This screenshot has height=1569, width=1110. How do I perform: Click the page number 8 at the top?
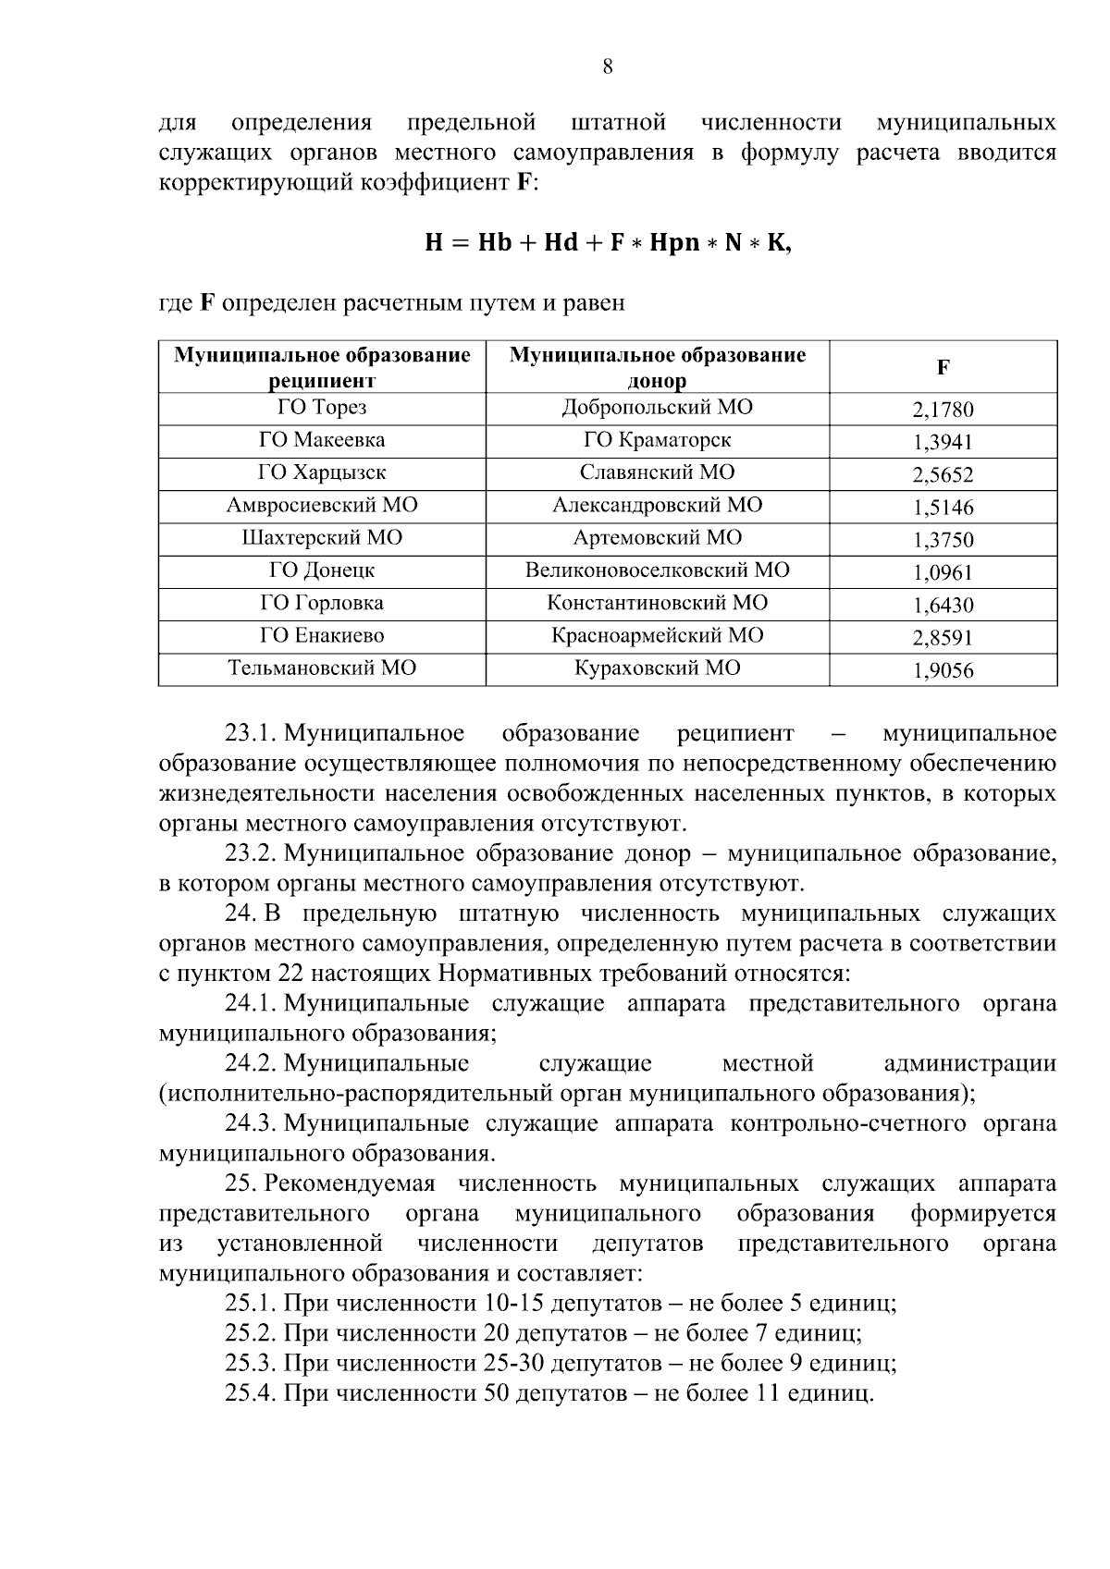[x=608, y=67]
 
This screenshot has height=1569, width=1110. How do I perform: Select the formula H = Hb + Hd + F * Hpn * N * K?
[x=608, y=243]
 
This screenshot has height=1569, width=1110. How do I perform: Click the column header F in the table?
[x=943, y=367]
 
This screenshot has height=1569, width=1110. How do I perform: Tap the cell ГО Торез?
[x=322, y=408]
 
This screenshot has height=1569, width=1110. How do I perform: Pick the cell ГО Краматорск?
[x=657, y=440]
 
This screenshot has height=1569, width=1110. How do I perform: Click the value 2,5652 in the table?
[x=943, y=474]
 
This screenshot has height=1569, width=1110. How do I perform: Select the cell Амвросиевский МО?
[x=322, y=505]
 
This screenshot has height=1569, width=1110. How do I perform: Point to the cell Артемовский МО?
[x=657, y=538]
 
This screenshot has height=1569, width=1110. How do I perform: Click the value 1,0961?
[x=943, y=572]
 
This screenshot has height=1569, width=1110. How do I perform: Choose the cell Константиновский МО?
[x=657, y=603]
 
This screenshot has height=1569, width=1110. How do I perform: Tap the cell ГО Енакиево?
[x=322, y=635]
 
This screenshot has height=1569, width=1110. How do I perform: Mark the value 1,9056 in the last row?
[x=943, y=670]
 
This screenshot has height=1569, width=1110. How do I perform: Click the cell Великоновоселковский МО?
[x=657, y=570]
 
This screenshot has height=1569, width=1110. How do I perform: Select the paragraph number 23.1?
[x=252, y=734]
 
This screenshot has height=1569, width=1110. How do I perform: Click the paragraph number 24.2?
[x=252, y=1064]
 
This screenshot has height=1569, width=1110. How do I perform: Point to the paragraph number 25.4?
[x=252, y=1392]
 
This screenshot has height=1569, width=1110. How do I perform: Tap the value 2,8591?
[x=943, y=638]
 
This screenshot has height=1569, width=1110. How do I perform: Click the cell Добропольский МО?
[x=657, y=408]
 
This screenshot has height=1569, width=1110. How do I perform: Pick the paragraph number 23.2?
[x=252, y=853]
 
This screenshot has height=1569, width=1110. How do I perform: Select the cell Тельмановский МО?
[x=322, y=668]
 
